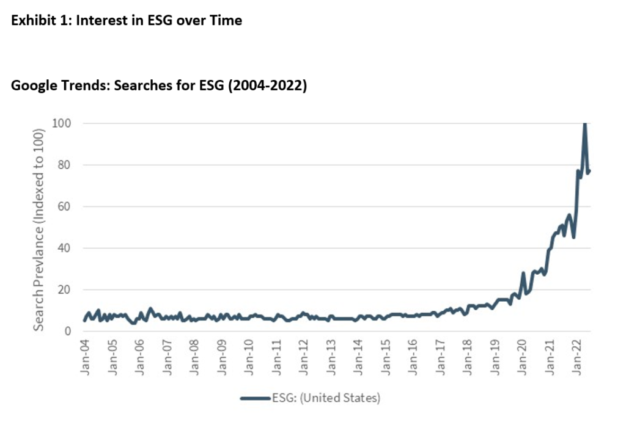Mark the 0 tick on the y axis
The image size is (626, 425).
(x=68, y=331)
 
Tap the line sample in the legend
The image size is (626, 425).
(x=255, y=398)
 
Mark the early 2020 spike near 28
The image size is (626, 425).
(x=523, y=273)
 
